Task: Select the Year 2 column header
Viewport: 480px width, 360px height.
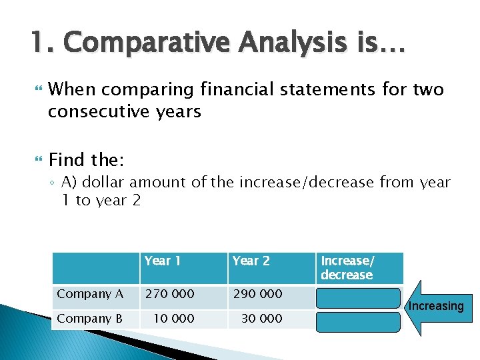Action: (x=251, y=261)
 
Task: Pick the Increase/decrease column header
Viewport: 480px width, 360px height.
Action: (x=347, y=268)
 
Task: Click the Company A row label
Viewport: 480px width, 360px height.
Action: (x=90, y=294)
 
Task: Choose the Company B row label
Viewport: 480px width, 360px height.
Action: (x=90, y=319)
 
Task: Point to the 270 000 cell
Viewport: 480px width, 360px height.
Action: (x=170, y=294)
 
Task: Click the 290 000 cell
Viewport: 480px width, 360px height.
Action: (x=257, y=294)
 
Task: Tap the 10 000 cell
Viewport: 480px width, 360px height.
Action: (x=174, y=319)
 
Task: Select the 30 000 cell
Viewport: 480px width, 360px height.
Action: (x=261, y=319)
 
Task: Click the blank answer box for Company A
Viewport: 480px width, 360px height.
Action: (x=358, y=297)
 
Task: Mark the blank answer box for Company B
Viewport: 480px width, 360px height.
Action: (x=358, y=322)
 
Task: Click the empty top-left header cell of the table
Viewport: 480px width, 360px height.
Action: (x=95, y=268)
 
